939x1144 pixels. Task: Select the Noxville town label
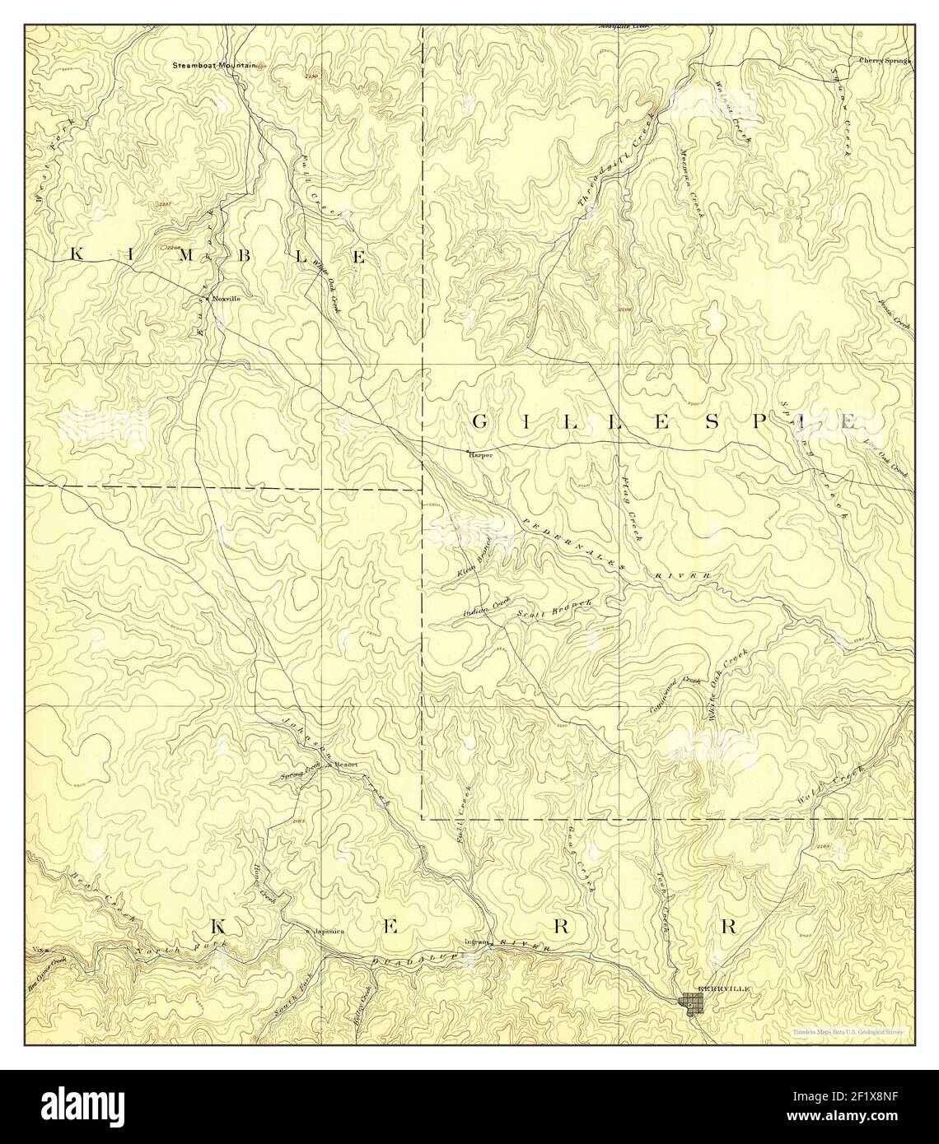coord(227,298)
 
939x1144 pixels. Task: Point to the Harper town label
coord(479,453)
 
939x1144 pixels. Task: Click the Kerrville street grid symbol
coord(691,1002)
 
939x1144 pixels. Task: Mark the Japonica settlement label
coord(328,932)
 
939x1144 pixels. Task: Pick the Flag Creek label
coord(631,509)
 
